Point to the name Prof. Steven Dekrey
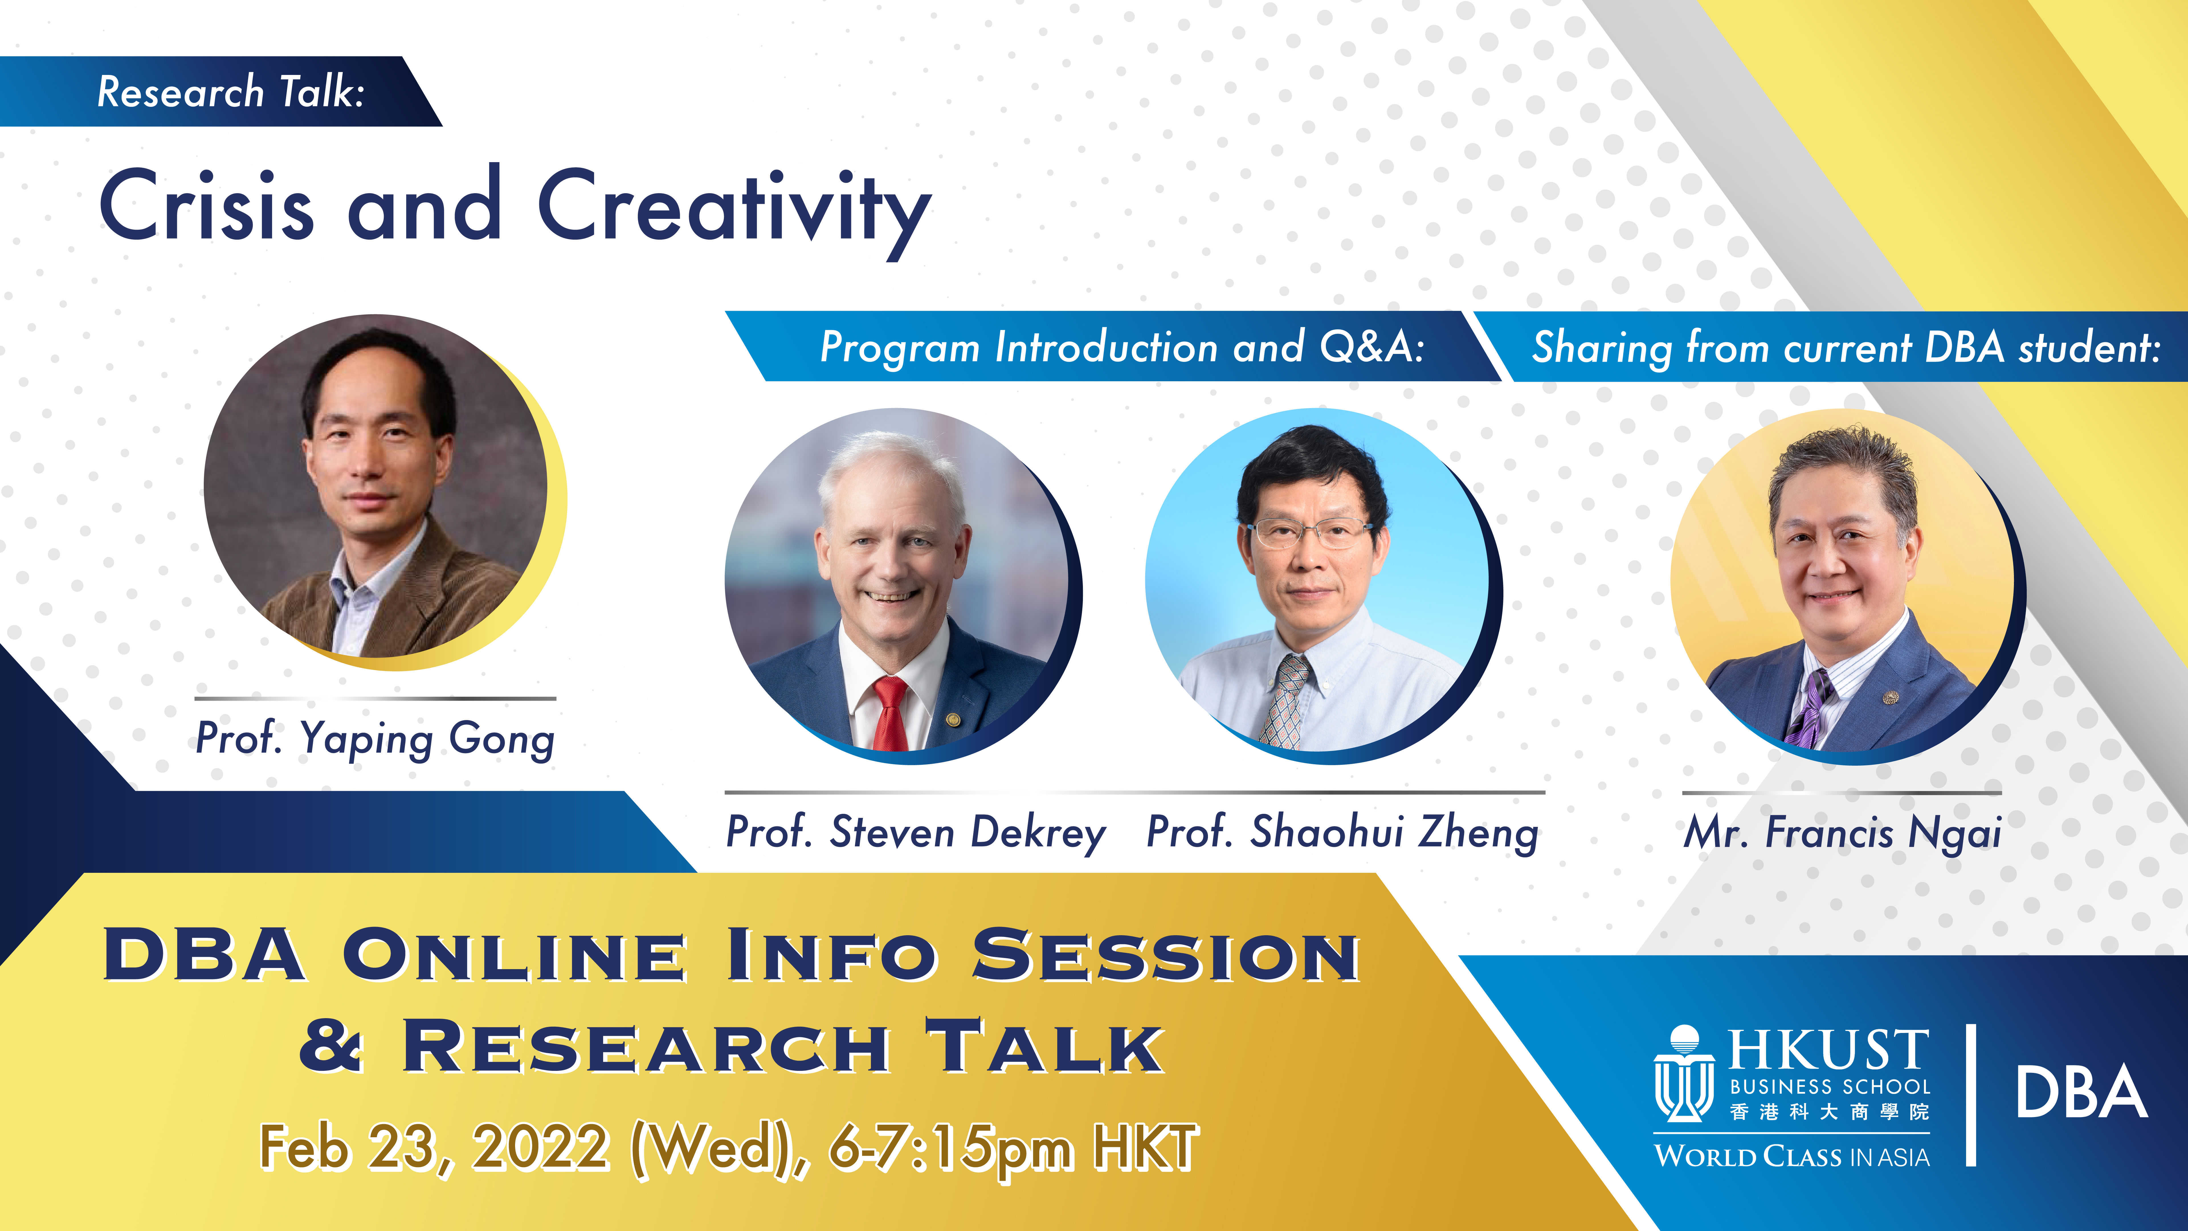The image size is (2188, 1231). (916, 832)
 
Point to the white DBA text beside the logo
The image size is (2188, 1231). (2081, 1093)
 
